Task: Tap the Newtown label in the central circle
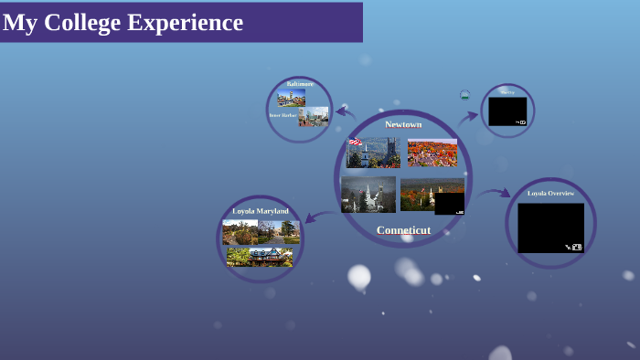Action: click(403, 124)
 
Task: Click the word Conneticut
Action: click(403, 230)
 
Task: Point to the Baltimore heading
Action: click(299, 84)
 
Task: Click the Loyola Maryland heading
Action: click(261, 211)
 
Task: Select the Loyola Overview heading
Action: click(550, 193)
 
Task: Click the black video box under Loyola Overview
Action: click(550, 228)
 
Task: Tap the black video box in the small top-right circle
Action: click(507, 111)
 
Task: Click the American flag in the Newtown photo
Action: click(355, 142)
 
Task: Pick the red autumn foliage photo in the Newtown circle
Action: click(432, 153)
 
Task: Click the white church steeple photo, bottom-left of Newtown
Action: click(368, 195)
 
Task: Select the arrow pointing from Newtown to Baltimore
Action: click(345, 112)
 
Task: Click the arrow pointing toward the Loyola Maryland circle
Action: click(318, 217)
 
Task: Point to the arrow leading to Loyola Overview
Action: click(494, 193)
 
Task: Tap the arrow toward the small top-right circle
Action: click(468, 117)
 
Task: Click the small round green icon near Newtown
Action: click(464, 94)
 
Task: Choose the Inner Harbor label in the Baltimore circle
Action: click(283, 115)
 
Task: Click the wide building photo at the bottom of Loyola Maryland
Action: click(260, 257)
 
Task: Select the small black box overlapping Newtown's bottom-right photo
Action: click(449, 204)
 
